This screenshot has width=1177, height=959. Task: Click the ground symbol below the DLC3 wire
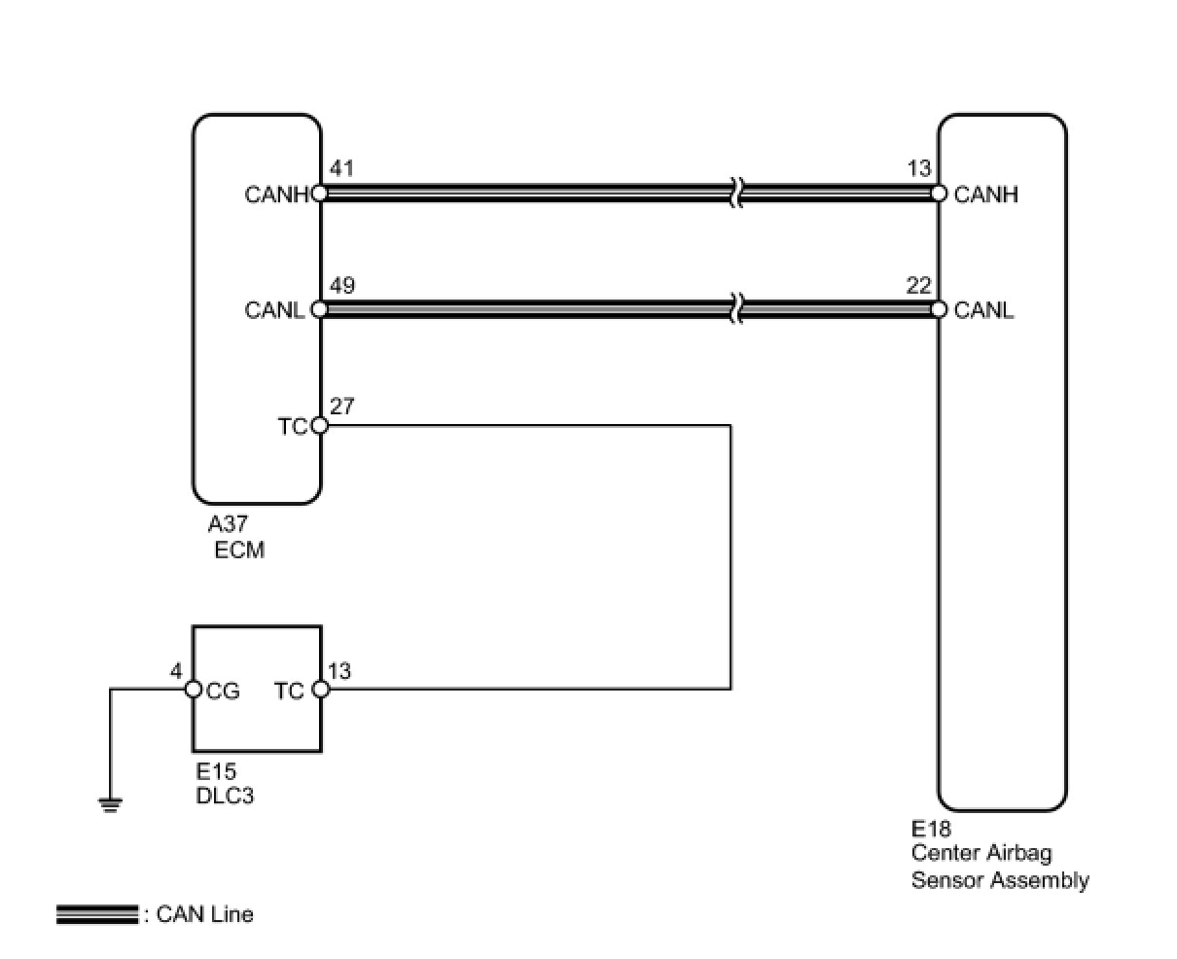click(110, 804)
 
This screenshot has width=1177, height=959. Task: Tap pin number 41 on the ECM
click(341, 169)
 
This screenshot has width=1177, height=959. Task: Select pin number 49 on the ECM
click(341, 286)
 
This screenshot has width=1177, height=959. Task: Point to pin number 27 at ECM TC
click(341, 406)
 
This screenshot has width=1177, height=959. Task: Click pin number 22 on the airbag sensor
click(918, 286)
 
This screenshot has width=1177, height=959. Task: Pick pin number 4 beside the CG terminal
click(176, 670)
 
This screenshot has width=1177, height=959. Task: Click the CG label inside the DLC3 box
click(223, 691)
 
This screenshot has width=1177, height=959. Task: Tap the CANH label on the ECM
click(276, 195)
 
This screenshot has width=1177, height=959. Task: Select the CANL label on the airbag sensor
click(983, 310)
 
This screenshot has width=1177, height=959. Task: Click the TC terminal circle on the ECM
click(320, 426)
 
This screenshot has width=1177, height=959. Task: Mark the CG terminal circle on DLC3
click(193, 690)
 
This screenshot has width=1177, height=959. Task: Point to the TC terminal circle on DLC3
click(321, 690)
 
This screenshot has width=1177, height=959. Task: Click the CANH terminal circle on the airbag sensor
click(939, 194)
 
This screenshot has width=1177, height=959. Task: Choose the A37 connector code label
click(228, 525)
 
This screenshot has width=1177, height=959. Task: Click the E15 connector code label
click(216, 772)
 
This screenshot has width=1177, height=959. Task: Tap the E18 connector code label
click(931, 830)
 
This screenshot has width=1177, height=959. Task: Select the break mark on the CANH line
click(736, 193)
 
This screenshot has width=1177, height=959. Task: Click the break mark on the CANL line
click(736, 309)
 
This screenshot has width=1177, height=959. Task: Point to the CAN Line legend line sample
click(97, 914)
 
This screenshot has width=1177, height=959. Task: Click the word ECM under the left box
click(239, 550)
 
